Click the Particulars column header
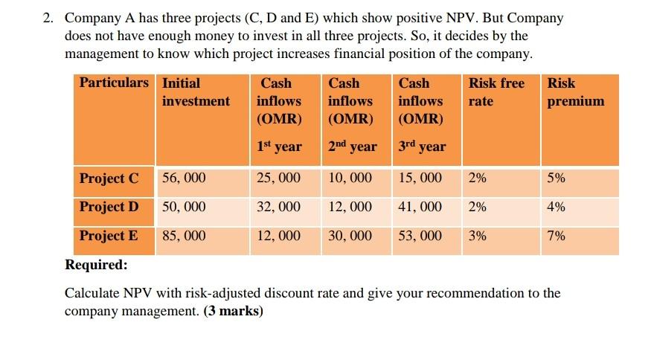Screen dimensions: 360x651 coord(114,83)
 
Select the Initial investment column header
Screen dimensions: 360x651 coord(196,91)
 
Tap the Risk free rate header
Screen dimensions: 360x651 coord(496,91)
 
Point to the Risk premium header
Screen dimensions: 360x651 coord(576,91)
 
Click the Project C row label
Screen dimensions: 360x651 coord(109,179)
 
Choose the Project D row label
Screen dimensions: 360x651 coord(109,207)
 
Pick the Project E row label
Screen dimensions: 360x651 coord(109,236)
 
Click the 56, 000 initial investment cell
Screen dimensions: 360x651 coord(184,179)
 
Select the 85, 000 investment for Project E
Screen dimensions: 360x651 coord(184,236)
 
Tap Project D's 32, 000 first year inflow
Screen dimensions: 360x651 coord(278,207)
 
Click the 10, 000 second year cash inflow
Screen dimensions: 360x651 coord(350,179)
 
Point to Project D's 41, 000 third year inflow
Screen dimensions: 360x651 coord(420,207)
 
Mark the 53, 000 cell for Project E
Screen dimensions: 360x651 coord(420,236)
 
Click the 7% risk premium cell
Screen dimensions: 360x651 coord(556,236)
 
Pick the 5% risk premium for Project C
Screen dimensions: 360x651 coord(556,179)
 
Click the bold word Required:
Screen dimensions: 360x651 coord(96,265)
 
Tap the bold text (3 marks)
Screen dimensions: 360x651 coord(233,311)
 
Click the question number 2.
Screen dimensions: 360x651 coord(47,18)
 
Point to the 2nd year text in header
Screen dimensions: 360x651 coord(352,147)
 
